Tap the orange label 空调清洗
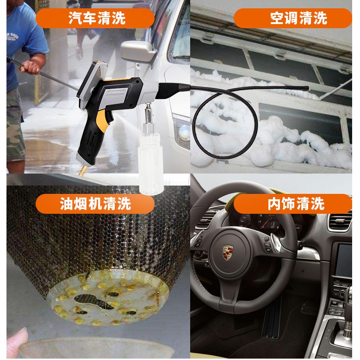tap(292, 18)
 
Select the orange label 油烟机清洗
tap(95, 204)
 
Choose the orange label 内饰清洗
tap(292, 204)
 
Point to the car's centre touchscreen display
tap(345, 260)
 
